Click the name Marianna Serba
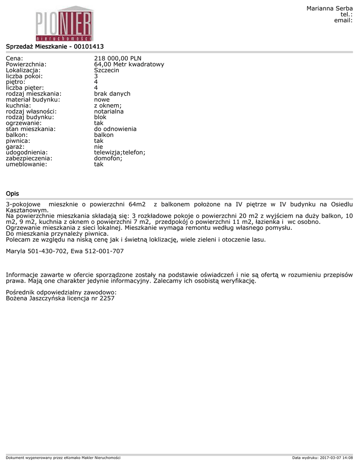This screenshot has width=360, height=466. point(330,9)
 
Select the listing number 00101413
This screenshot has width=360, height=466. point(89,46)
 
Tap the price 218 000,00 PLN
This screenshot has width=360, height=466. point(117,58)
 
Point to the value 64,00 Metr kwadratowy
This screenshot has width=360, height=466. point(129,64)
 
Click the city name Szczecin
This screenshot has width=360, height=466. point(106,70)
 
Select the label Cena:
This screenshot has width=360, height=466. point(15,58)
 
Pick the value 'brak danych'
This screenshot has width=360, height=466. point(112,94)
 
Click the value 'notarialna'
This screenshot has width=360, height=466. point(109,111)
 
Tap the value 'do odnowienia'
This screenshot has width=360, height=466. point(115,129)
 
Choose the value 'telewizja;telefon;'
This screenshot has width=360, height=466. point(120,152)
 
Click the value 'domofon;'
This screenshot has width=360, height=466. point(108,158)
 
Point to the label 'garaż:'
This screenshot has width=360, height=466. point(15,147)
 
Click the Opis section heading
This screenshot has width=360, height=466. point(12,194)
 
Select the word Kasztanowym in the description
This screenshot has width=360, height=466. point(26,211)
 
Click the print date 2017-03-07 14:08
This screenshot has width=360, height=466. point(336,457)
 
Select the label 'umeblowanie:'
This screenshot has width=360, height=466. point(26,164)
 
